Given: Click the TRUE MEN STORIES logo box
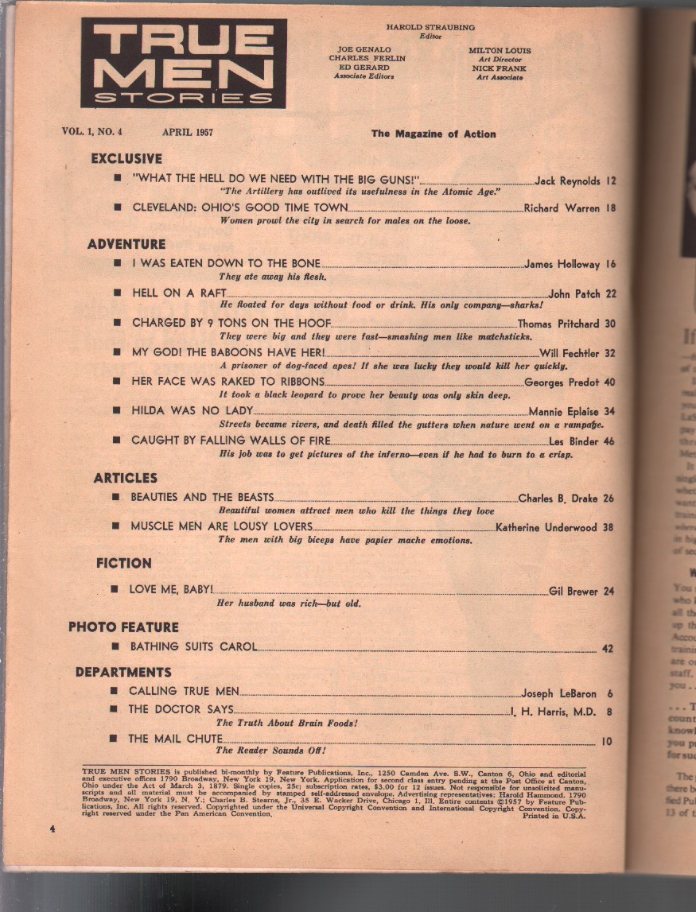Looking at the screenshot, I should click(183, 64).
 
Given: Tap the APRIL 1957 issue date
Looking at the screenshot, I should click(187, 133).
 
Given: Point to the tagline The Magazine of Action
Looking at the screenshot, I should click(434, 134).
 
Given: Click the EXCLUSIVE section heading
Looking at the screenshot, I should click(126, 159).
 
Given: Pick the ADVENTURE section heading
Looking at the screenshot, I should click(126, 244).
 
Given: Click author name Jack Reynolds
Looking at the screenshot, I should click(567, 181).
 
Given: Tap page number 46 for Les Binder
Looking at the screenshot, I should click(610, 441).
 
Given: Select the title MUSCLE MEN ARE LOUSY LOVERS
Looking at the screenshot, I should click(222, 526).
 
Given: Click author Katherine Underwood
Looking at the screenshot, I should click(547, 526).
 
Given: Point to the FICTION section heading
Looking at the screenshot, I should click(123, 563).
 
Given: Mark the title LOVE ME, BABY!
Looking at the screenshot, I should click(172, 591).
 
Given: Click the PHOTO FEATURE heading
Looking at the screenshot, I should click(123, 627).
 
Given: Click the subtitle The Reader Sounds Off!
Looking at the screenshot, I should click(271, 750).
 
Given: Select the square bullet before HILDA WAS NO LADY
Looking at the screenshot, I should click(116, 411).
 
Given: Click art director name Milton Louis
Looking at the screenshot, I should click(500, 50).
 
